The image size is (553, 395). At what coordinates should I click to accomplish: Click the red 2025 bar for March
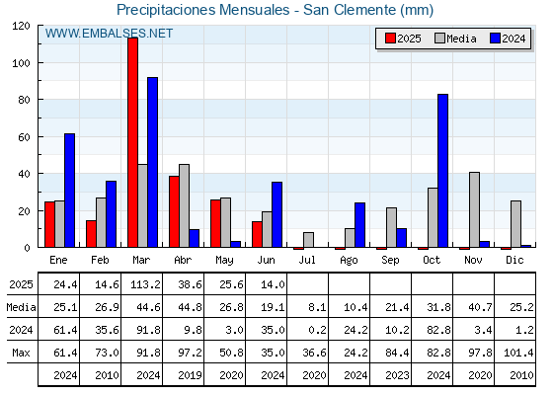tap(133, 142)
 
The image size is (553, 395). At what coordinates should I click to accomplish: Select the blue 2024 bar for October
tap(443, 171)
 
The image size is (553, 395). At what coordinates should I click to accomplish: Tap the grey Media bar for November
tap(474, 209)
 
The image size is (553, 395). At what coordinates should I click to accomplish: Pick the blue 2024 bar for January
tap(69, 191)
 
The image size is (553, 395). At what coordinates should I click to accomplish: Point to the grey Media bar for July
tap(308, 240)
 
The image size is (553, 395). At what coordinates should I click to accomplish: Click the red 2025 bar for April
tap(174, 211)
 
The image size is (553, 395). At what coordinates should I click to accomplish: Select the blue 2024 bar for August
tap(360, 225)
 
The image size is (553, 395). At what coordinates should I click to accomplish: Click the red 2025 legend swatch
tap(390, 39)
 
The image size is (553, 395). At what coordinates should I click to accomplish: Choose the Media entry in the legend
tap(461, 39)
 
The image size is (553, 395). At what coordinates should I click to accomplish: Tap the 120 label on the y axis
tap(21, 26)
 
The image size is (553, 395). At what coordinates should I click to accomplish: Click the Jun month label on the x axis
tap(266, 261)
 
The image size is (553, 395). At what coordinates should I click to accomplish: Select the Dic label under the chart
tap(514, 260)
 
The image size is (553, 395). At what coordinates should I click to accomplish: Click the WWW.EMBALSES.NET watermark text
tap(109, 34)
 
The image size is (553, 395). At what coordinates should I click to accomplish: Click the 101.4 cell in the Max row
tap(518, 353)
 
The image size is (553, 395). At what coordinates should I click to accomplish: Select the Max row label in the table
tap(21, 353)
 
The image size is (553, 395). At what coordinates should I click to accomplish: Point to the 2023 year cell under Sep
tap(397, 375)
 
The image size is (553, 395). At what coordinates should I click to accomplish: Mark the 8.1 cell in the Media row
tap(317, 307)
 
